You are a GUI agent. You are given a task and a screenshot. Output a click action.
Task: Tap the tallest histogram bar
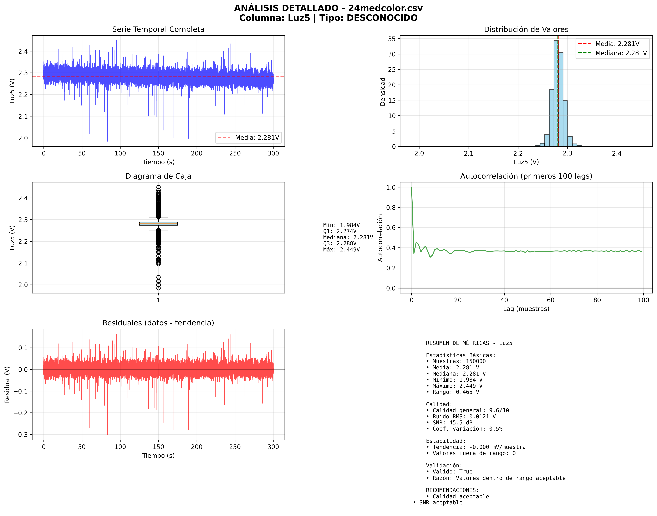tap(556, 94)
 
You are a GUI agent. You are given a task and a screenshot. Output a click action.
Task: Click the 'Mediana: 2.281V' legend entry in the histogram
tap(621, 53)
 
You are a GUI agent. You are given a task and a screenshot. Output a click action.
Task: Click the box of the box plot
tap(158, 224)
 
